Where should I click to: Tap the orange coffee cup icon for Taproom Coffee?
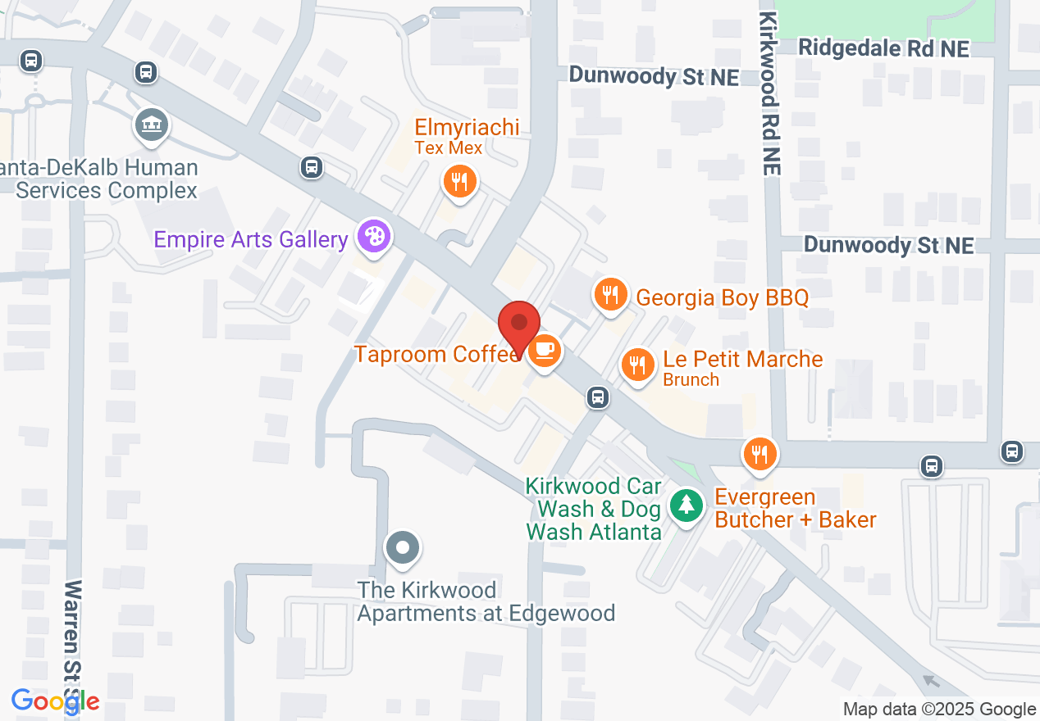pos(544,351)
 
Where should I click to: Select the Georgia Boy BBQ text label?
pos(722,297)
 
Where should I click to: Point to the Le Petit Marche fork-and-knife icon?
pos(636,365)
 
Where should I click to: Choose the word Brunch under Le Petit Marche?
pos(691,379)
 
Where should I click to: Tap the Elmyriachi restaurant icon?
pos(459,181)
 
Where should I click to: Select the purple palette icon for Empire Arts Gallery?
pos(373,238)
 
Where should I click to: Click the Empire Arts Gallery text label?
pos(251,239)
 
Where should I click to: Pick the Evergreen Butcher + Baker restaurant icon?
pos(759,452)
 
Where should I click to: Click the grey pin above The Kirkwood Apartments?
pos(402,548)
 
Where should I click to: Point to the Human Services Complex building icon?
pos(152,125)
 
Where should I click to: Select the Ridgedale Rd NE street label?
pos(883,48)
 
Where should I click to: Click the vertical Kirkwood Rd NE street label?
pos(769,93)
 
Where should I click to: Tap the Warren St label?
pos(74,639)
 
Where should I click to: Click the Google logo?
pos(55,701)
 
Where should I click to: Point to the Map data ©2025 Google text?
pos(939,709)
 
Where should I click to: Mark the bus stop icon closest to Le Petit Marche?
pos(598,398)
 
